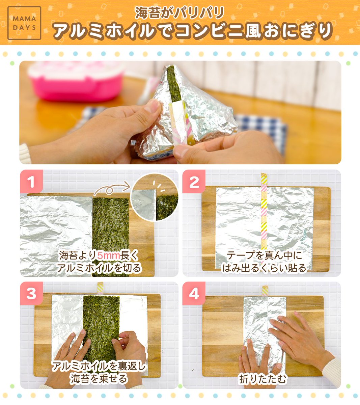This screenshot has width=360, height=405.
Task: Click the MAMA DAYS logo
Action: pyautogui.click(x=24, y=23)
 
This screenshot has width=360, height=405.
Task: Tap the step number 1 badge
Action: pyautogui.click(x=31, y=181)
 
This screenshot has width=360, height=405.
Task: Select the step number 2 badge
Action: pyautogui.click(x=194, y=181)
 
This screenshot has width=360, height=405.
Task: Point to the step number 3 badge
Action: pyautogui.click(x=31, y=293)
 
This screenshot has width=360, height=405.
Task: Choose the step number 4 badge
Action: pyautogui.click(x=194, y=293)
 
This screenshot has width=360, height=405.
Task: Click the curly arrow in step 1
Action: pyautogui.click(x=112, y=188)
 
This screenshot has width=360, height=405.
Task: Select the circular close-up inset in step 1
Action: pyautogui.click(x=154, y=197)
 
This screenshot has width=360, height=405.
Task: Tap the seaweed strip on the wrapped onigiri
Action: pyautogui.click(x=173, y=84)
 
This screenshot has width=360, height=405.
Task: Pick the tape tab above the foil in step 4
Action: pyautogui.click(x=265, y=291)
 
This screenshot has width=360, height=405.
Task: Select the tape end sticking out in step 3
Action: pyautogui.click(x=100, y=288)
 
